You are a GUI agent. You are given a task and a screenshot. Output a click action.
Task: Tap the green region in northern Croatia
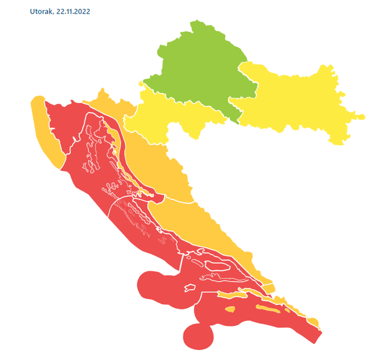[201, 67]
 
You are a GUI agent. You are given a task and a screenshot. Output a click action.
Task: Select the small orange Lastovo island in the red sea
[230, 309]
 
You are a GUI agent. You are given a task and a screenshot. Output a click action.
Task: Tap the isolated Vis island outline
[190, 288]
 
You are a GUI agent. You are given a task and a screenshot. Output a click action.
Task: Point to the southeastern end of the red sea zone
[316, 338]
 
